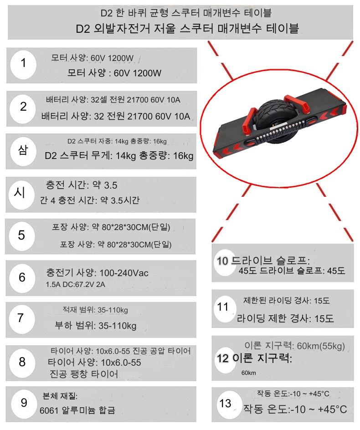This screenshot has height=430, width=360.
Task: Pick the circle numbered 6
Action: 22,278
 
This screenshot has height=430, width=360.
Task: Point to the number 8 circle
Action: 22,362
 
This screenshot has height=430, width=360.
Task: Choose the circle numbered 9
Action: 24,404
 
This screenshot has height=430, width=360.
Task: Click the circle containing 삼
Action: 23,152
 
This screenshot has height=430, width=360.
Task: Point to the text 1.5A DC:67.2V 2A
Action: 76,284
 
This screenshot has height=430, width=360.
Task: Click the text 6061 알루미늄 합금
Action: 77,410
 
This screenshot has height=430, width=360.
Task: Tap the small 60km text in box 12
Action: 249,373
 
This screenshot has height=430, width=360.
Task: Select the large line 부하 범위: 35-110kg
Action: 96,326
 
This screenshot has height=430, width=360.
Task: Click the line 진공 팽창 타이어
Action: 84,374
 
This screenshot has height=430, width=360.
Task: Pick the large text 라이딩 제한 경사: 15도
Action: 285,318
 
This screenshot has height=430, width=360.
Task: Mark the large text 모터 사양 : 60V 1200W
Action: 114,73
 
